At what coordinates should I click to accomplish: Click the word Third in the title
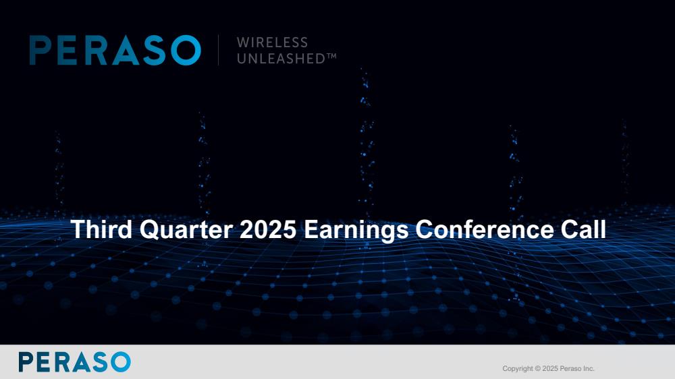point(102,229)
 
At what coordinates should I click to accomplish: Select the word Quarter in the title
point(186,230)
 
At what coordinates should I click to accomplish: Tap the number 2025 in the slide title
point(268,229)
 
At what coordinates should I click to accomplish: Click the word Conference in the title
point(484,229)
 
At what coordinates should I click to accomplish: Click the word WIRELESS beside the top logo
point(272,42)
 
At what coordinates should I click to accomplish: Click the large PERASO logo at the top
point(115,51)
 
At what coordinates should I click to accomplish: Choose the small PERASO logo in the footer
point(74,361)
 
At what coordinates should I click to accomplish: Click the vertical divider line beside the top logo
point(218,50)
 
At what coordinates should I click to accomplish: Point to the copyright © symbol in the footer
point(538,369)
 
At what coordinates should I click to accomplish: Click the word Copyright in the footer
point(518,369)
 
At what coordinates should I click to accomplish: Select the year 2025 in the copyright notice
point(549,369)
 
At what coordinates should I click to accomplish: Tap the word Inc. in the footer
point(589,369)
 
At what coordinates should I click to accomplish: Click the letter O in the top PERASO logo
point(186,51)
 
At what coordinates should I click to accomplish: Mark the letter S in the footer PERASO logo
point(101,361)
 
